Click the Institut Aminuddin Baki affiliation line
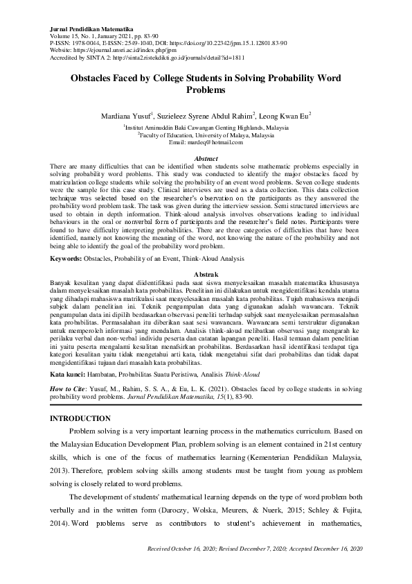click(206, 128)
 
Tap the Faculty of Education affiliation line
click(206, 136)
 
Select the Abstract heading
click(206, 159)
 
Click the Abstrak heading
click(206, 275)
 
